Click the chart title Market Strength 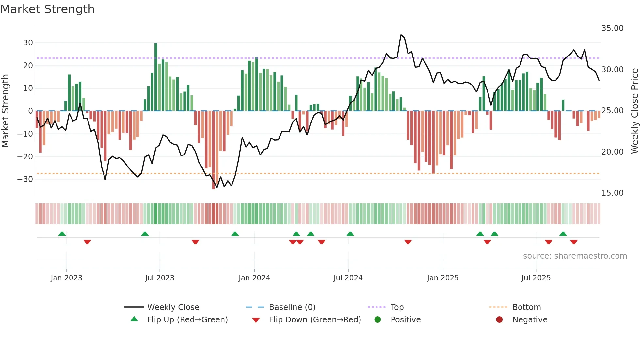click(47, 9)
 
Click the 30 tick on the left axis click(28, 43)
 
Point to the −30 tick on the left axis click(25, 179)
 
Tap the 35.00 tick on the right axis click(612, 28)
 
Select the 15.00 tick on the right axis click(612, 193)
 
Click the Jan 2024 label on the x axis click(254, 278)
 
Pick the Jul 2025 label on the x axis click(536, 278)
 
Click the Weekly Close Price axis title click(634, 111)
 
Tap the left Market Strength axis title click(5, 111)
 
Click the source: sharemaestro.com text click(575, 256)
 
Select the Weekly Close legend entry click(173, 307)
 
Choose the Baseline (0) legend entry click(292, 307)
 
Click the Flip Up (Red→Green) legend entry click(187, 320)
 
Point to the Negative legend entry click(529, 320)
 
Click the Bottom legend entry click(526, 307)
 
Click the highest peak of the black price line click(401, 35)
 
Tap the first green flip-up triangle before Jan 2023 click(62, 234)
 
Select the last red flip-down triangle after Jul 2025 click(574, 242)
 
